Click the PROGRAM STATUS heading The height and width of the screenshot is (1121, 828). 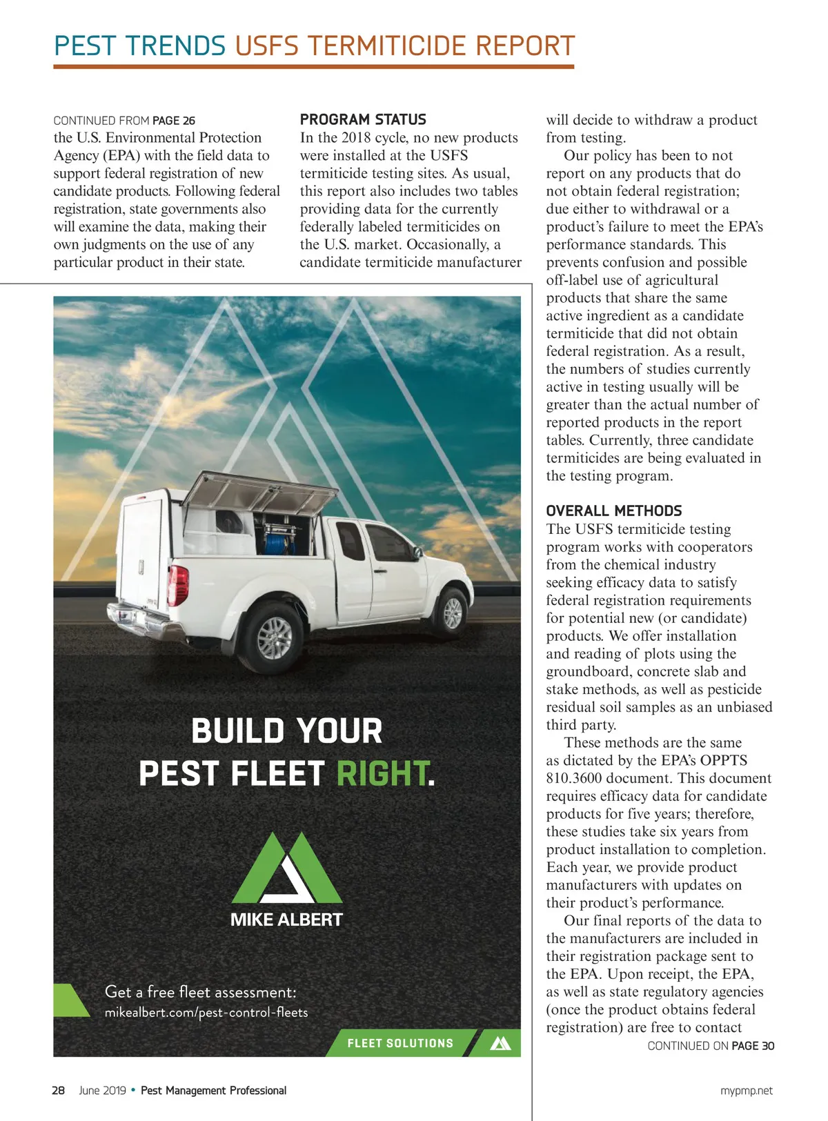coord(363,119)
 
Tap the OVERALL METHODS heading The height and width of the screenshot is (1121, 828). coord(613,511)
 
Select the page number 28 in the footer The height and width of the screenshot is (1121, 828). coord(59,1091)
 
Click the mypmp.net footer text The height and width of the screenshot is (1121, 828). coord(746,1091)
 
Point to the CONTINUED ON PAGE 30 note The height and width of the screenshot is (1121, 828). coord(710,1046)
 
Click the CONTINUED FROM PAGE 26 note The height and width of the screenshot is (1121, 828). coord(124,121)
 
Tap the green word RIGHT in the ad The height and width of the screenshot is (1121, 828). coord(382,773)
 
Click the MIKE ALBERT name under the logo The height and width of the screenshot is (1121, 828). coord(286,920)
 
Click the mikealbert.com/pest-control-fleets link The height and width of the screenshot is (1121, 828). coord(206,1013)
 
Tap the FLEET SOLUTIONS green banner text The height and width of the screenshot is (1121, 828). coord(400,1043)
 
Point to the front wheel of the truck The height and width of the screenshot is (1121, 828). coord(452,612)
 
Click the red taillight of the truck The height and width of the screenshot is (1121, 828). coord(179,585)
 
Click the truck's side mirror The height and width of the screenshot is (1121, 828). coord(416,552)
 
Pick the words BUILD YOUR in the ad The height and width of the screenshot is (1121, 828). coord(286,731)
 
